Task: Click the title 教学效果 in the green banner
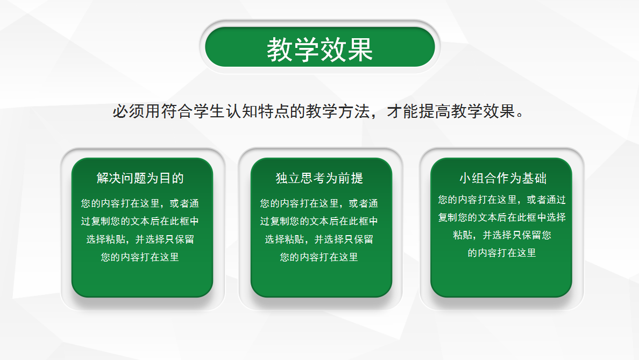pyautogui.click(x=319, y=50)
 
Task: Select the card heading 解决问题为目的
pyautogui.click(x=140, y=178)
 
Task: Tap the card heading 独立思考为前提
pyautogui.click(x=319, y=178)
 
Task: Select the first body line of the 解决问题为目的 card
pyautogui.click(x=140, y=204)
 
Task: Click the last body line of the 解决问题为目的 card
pyautogui.click(x=140, y=257)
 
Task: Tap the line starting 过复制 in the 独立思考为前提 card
pyautogui.click(x=319, y=222)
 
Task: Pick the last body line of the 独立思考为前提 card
pyautogui.click(x=319, y=257)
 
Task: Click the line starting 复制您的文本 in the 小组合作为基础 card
pyautogui.click(x=502, y=217)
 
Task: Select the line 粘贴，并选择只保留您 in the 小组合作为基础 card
pyautogui.click(x=502, y=235)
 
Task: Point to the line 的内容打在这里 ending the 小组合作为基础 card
pyautogui.click(x=502, y=253)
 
